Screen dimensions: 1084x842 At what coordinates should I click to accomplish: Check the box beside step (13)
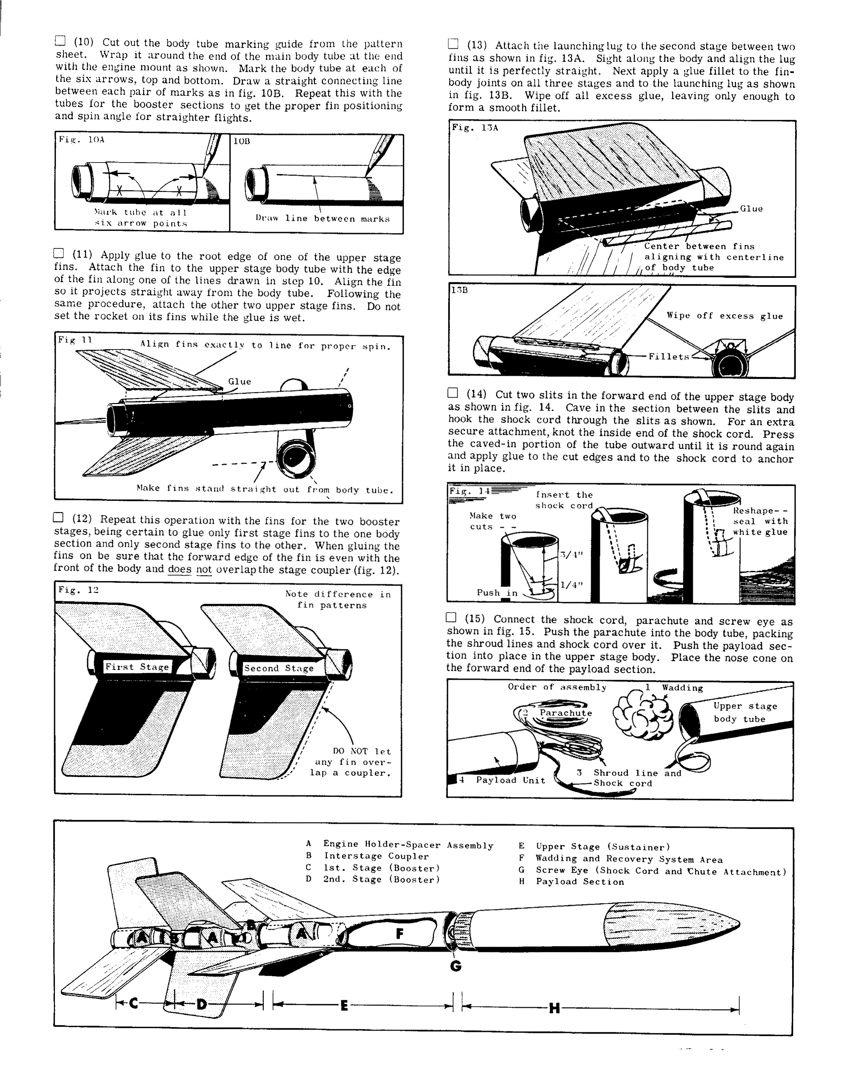453,44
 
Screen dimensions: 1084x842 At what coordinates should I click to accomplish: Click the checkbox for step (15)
450,617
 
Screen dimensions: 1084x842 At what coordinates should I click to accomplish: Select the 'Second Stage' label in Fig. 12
279,668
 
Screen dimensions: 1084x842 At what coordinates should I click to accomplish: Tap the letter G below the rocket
455,966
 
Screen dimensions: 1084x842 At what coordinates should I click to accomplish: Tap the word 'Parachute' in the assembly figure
566,713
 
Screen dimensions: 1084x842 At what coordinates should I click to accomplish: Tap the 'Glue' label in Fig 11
239,381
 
